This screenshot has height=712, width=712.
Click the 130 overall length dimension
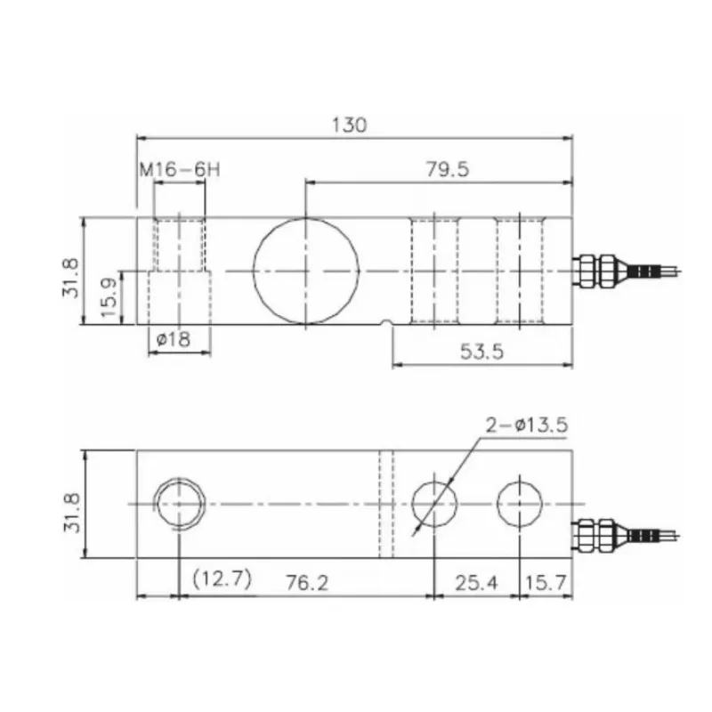click(x=349, y=125)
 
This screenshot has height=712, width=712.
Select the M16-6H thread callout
click(x=180, y=170)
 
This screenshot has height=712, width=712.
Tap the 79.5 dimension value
click(x=448, y=169)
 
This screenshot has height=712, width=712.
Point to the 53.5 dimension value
click(x=481, y=352)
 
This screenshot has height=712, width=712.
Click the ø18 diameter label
click(x=173, y=339)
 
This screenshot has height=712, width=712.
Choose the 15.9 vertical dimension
click(x=109, y=298)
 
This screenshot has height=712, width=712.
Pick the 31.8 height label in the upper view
click(x=71, y=278)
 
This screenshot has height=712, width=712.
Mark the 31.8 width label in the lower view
click(x=72, y=513)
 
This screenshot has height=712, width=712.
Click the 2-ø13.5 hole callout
click(x=527, y=425)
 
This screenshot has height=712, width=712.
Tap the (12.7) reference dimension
click(x=222, y=579)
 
